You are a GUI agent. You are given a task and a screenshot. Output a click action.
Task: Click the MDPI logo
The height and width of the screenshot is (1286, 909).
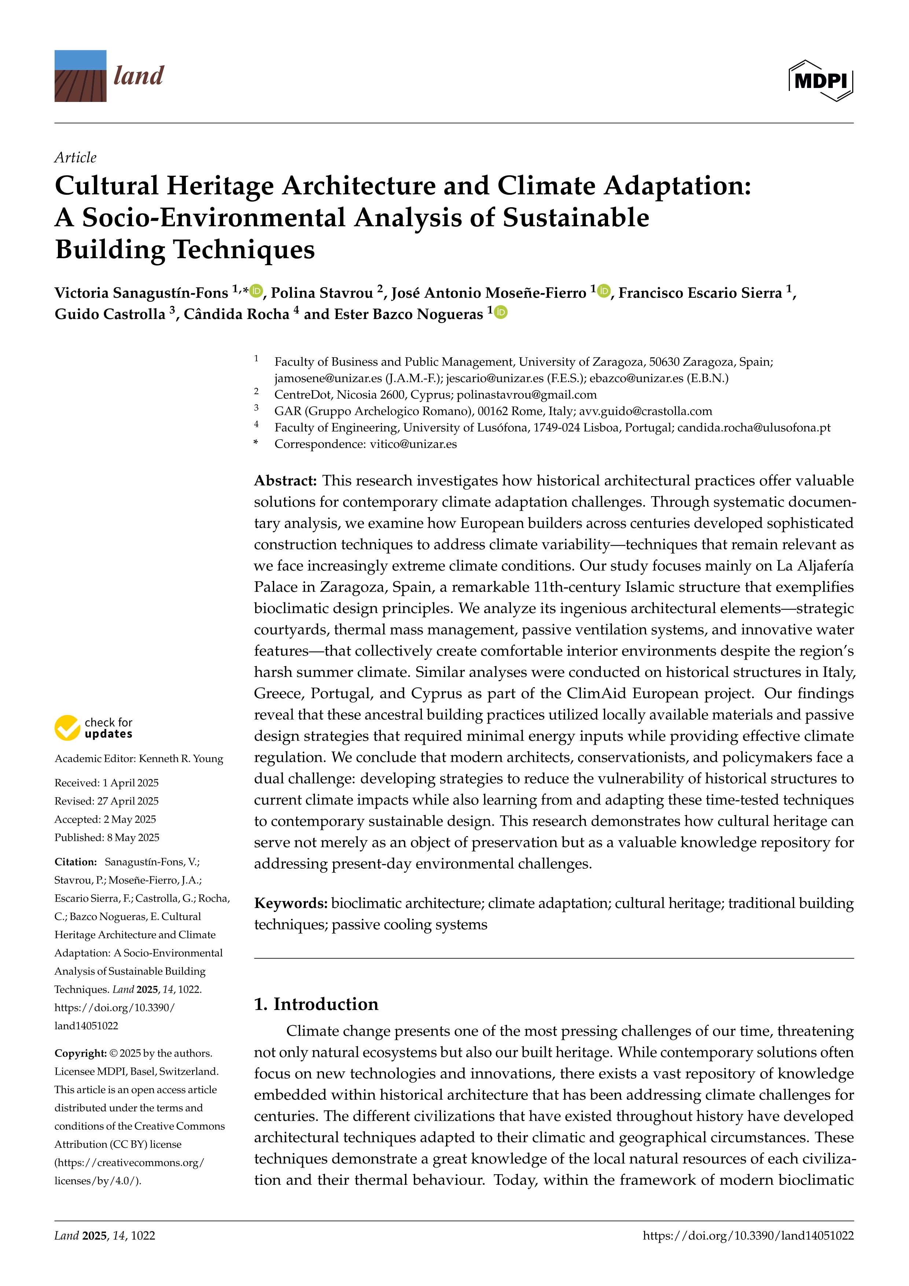[821, 81]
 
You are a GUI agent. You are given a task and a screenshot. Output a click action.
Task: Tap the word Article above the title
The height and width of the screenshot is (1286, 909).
[76, 157]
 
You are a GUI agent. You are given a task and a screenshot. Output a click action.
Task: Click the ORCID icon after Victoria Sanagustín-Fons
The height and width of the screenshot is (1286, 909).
[256, 291]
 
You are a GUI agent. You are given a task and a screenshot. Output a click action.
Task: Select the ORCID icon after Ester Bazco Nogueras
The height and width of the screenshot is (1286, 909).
[501, 312]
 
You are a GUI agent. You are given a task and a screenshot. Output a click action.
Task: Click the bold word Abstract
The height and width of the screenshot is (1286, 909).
[286, 481]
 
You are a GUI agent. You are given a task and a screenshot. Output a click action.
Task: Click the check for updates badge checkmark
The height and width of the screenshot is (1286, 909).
[67, 728]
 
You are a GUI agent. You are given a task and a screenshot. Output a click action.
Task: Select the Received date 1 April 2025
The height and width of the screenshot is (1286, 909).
[130, 783]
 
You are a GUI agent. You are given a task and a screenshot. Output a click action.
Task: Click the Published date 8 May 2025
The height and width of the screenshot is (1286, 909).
[133, 838]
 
